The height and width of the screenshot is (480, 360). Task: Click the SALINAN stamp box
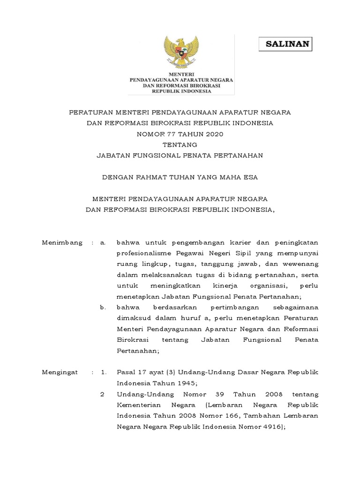click(285, 45)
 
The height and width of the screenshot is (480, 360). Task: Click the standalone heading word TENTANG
click(180, 145)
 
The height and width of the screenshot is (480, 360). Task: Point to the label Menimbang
click(62, 243)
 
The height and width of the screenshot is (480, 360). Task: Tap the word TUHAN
click(184, 177)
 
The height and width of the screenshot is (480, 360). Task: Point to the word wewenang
click(303, 264)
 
